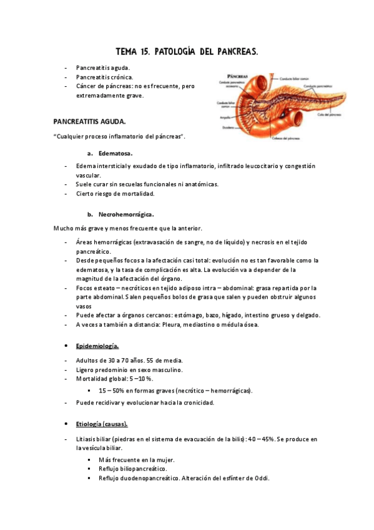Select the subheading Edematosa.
click(x=116, y=152)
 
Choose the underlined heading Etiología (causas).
click(x=102, y=424)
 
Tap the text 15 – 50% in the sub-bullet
click(x=113, y=391)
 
